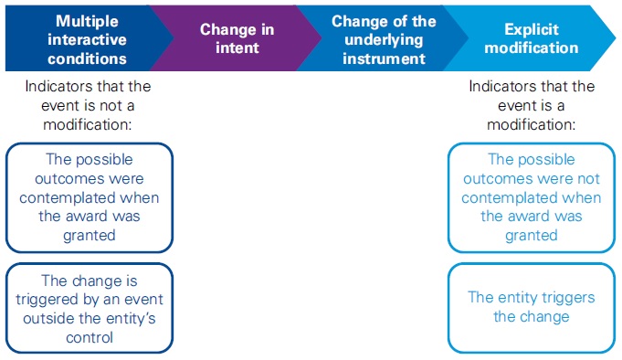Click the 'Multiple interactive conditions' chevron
click(87, 37)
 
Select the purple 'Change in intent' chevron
click(237, 37)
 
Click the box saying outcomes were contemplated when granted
click(89, 197)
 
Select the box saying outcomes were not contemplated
click(531, 197)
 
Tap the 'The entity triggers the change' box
click(531, 306)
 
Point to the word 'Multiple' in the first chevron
click(86, 20)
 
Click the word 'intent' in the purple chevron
click(237, 48)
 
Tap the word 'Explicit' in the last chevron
click(532, 29)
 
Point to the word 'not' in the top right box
click(585, 178)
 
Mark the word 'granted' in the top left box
click(89, 235)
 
